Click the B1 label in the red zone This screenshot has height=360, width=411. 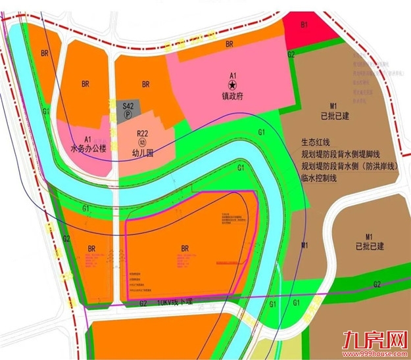[304, 24]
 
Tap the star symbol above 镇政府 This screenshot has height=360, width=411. [231, 85]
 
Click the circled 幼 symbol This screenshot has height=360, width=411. [141, 141]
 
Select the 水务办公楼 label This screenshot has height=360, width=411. [88, 149]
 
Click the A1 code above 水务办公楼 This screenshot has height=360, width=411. [88, 139]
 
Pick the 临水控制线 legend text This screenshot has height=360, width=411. [319, 178]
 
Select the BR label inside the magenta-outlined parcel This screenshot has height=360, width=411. [184, 248]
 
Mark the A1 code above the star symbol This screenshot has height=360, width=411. [231, 75]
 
